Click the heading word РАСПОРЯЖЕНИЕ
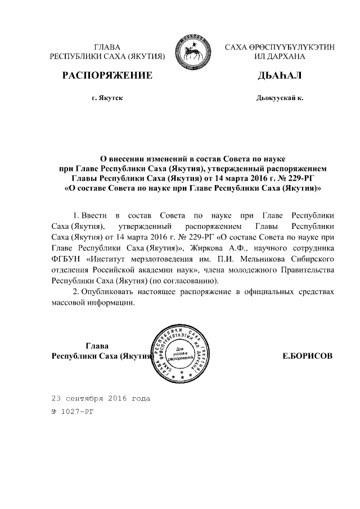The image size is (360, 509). pyautogui.click(x=107, y=75)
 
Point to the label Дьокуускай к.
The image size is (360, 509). pyautogui.click(x=280, y=98)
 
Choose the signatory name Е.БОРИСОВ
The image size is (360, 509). pyautogui.click(x=307, y=356)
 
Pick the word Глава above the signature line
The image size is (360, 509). pyautogui.click(x=97, y=345)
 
